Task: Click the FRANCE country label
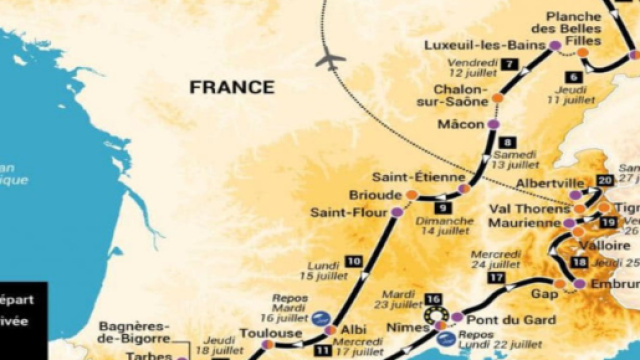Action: point(232,87)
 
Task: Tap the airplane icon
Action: point(330,61)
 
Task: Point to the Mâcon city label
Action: point(461,125)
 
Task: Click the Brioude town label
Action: point(375,194)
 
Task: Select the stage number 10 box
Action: point(353,261)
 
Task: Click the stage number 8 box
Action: point(508,142)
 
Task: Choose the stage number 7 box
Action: point(510,64)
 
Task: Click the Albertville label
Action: point(549,184)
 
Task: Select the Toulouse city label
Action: point(270,332)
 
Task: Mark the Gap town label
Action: point(543,295)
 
